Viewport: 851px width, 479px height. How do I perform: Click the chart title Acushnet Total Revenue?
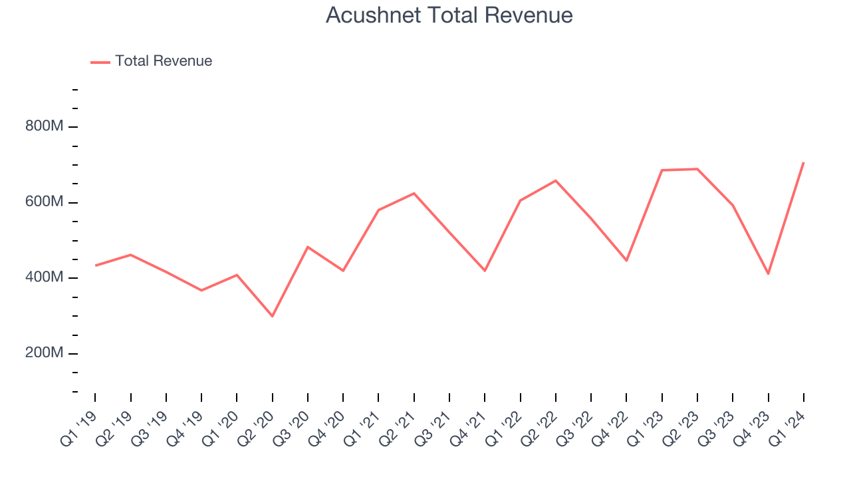(449, 15)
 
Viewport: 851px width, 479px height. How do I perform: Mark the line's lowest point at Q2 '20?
(273, 316)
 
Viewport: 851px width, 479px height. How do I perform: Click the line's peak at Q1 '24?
(804, 162)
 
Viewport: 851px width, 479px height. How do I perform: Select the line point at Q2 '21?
(414, 194)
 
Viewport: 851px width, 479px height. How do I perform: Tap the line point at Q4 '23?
(769, 274)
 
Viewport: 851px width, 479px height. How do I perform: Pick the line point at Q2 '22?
(556, 180)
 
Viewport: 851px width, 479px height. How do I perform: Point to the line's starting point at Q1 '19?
(95, 265)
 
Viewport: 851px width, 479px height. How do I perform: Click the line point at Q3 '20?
(308, 247)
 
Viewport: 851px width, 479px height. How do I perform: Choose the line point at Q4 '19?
(201, 290)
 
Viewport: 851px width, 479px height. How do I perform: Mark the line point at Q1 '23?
(662, 170)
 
